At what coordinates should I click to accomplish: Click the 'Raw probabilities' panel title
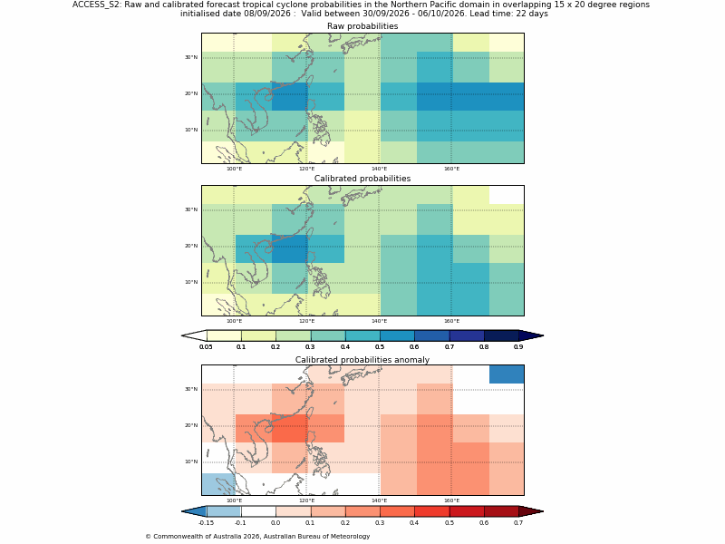tap(362, 26)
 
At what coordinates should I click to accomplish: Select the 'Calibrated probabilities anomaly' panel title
tap(362, 360)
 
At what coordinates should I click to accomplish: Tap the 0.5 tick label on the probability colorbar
tap(380, 347)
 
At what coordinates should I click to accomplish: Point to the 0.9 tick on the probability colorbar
tap(518, 347)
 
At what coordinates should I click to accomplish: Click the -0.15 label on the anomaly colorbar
tap(206, 523)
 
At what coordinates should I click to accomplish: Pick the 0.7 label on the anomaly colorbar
tap(518, 523)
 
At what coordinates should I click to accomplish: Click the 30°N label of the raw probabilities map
tap(191, 57)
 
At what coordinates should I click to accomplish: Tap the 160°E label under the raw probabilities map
tap(451, 169)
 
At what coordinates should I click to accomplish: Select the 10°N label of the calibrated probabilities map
tap(191, 282)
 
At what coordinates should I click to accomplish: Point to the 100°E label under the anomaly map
tap(234, 500)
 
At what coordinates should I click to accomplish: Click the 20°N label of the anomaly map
tap(191, 425)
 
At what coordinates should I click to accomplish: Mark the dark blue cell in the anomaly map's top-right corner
tap(507, 374)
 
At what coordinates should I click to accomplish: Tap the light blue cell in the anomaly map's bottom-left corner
tap(218, 484)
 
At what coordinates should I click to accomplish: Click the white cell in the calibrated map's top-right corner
tap(507, 195)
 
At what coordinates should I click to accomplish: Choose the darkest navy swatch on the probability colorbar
tap(501, 335)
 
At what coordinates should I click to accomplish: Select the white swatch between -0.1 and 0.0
tap(258, 511)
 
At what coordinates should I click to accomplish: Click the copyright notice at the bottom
tap(257, 537)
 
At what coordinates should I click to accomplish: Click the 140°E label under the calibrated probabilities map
tap(379, 322)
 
